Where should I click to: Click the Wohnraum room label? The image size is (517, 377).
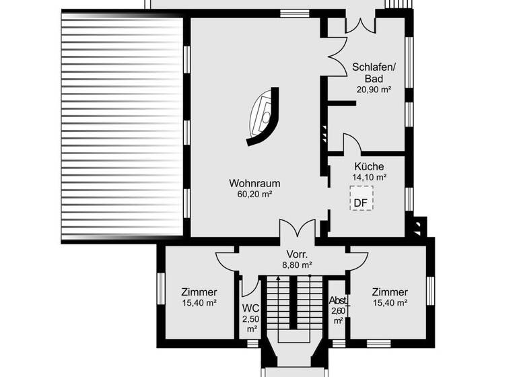pos(254,183)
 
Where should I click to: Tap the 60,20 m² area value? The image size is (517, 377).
pos(254,195)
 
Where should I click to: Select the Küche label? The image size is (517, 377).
pos(369,166)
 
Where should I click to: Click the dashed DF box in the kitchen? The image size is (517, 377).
pos(361,201)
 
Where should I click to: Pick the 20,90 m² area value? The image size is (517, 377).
pos(374,89)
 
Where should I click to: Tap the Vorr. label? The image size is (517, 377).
pos(297,254)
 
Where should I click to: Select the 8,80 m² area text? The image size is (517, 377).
pos(297,265)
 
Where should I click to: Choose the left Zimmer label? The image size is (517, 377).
pos(199,292)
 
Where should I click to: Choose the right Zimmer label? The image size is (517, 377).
pos(389,292)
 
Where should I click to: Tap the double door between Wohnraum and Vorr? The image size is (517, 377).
pos(297,229)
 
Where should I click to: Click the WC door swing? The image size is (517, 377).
pos(250,286)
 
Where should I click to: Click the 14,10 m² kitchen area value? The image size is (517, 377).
pos(369,178)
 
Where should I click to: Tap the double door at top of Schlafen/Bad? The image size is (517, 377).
pos(359,24)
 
